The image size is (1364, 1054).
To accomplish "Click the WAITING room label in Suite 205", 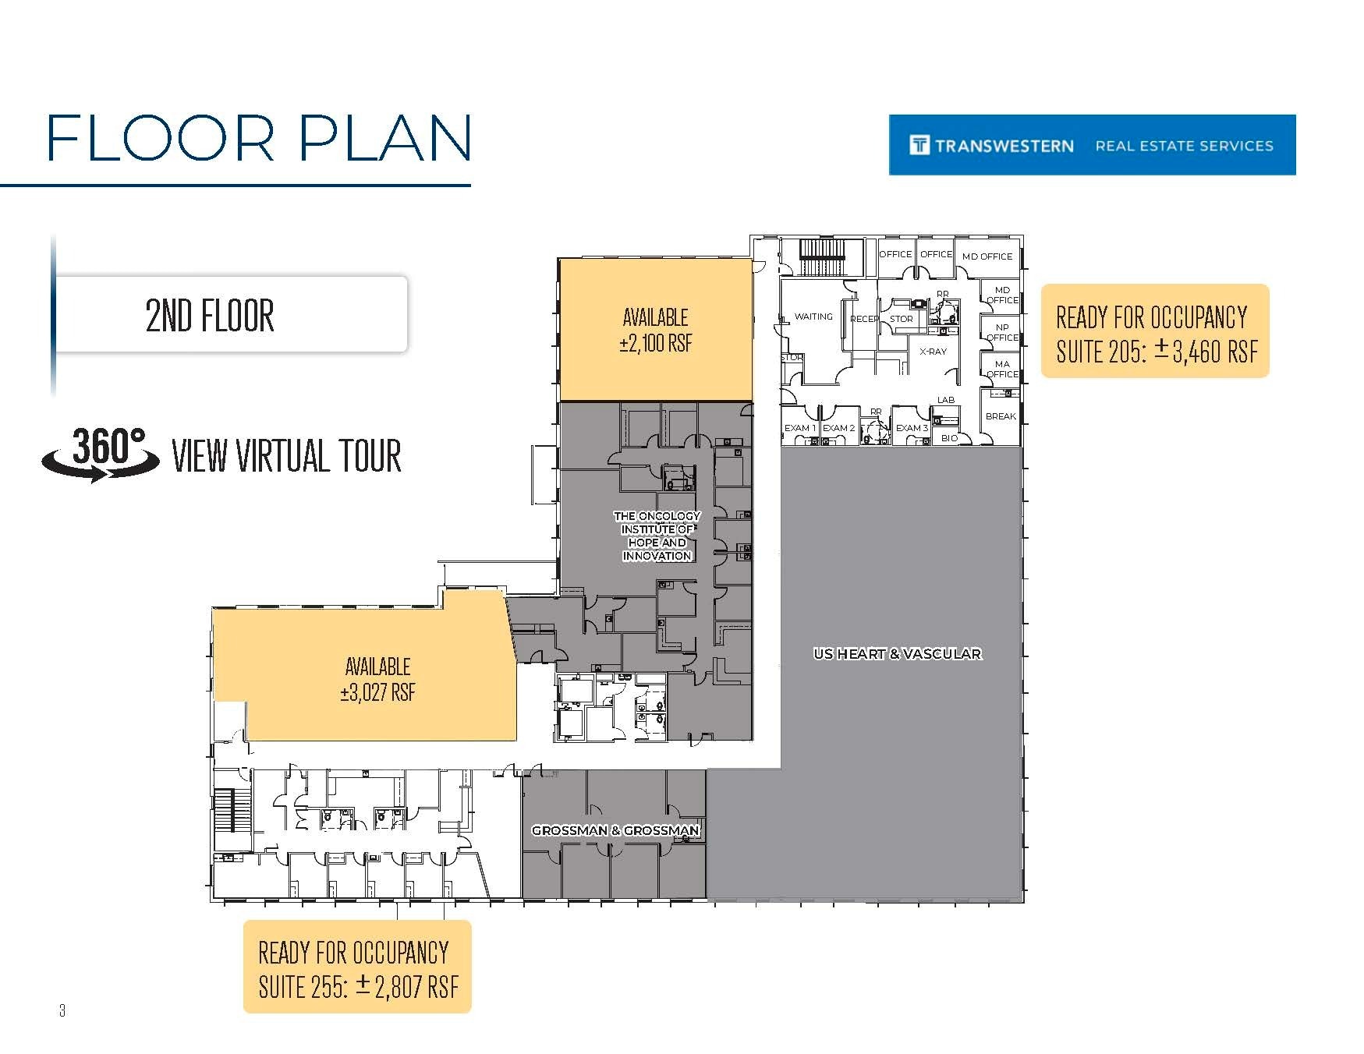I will tap(813, 317).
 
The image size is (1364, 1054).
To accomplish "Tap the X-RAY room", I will tap(933, 352).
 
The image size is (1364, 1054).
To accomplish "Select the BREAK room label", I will tap(1001, 416).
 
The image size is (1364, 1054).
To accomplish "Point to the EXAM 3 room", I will tap(912, 428).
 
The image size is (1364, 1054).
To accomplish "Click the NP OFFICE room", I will tap(1002, 333).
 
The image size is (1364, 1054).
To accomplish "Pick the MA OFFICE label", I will tap(1002, 369).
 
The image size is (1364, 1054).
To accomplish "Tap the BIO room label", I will tap(949, 438).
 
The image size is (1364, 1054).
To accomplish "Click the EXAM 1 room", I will tap(799, 428).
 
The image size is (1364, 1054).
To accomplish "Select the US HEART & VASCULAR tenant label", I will tap(897, 654).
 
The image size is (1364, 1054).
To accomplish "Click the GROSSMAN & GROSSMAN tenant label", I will tap(615, 830).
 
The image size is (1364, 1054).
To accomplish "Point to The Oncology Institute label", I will tap(657, 536).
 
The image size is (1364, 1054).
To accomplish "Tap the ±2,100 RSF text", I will tap(655, 344).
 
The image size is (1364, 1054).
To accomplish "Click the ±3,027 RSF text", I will tap(378, 692).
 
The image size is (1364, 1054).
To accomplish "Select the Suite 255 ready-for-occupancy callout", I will tap(357, 967).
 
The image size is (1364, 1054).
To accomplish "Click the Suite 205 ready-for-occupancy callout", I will tap(1155, 332).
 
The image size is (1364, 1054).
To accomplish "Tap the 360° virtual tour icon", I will tap(101, 454).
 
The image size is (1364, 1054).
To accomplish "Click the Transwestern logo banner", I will tap(1092, 145).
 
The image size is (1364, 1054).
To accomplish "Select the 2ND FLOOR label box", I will tap(231, 315).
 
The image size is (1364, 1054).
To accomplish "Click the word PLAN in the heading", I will tap(385, 139).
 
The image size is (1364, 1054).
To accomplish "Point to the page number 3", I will tap(62, 1011).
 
